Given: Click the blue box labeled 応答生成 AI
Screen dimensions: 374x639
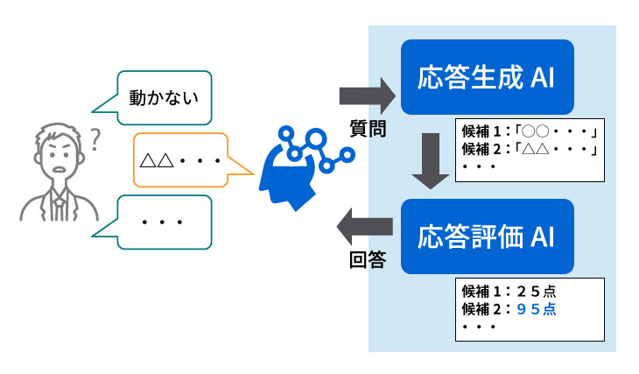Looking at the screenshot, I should tap(487, 77).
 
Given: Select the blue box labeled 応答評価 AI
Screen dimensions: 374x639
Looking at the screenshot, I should tap(487, 236).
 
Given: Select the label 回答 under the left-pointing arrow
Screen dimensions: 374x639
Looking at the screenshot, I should tap(367, 260).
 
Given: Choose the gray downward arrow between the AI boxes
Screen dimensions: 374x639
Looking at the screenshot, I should tap(429, 161).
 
